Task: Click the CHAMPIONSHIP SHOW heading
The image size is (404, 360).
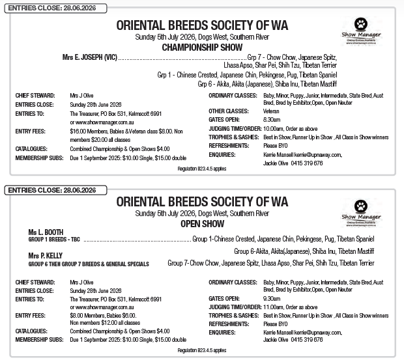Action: (x=201, y=48)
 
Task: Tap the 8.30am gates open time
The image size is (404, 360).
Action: (x=272, y=119)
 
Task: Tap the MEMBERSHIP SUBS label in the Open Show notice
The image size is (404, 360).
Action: (x=38, y=339)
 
